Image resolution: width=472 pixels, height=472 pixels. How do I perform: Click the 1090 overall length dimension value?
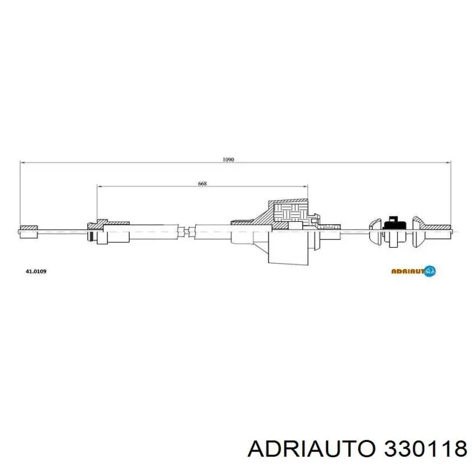tap(228, 159)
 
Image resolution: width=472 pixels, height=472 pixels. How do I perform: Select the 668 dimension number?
tap(202, 183)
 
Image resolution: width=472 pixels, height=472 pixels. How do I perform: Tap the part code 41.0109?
tap(36, 271)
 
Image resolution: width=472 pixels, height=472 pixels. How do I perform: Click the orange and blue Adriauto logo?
tap(414, 271)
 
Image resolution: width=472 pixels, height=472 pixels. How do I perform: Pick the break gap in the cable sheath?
tap(186, 231)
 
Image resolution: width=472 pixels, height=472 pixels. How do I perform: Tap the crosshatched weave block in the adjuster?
tap(290, 212)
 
